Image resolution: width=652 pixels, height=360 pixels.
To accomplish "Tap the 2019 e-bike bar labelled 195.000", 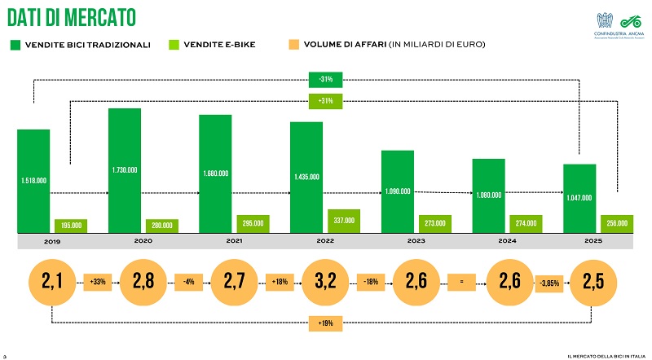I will [70, 226].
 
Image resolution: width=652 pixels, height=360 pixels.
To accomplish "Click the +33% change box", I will [98, 283].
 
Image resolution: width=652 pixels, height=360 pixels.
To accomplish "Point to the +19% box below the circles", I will [324, 323].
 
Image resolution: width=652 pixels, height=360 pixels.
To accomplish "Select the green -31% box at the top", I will [325, 79].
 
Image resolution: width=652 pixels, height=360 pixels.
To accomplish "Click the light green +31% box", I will [325, 101].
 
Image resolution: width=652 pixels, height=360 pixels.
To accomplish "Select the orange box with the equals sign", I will [461, 283].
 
